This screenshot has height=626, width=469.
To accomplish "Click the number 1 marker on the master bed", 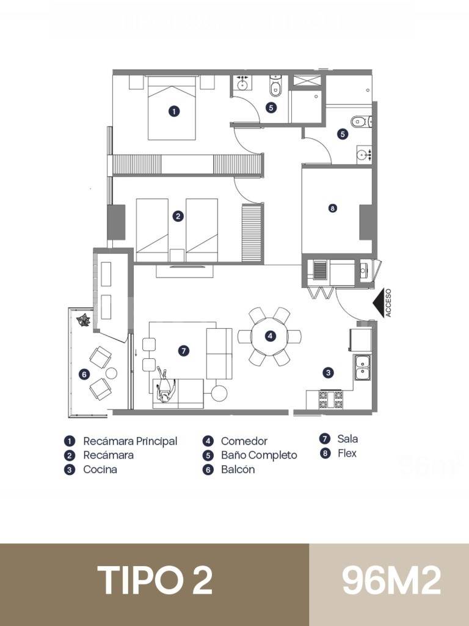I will point(174,111).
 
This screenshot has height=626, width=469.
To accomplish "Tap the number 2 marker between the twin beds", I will point(178,216).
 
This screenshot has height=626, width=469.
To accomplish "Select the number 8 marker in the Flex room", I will point(332,208).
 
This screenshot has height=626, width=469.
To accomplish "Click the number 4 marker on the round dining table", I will point(269,336).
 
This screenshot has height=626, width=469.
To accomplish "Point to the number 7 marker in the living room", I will point(183,350).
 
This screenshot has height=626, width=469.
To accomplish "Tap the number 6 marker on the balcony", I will point(84,374).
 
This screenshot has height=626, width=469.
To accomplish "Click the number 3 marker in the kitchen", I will point(329,372).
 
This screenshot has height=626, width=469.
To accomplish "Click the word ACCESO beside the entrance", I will point(388,303).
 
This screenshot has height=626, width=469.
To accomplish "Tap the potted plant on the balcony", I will point(82,320).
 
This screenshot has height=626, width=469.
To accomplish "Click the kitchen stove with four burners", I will point(330,399).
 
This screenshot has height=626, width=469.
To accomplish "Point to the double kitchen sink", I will point(362,366).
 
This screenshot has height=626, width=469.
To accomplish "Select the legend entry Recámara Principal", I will point(130,441).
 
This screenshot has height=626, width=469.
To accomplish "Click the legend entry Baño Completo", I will point(259,455).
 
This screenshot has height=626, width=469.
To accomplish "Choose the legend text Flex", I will point(347,454).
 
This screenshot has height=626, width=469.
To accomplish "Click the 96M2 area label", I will point(391,580).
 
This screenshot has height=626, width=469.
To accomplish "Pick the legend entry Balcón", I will point(238,469).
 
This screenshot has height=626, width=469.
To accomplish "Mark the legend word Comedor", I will point(244,441).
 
